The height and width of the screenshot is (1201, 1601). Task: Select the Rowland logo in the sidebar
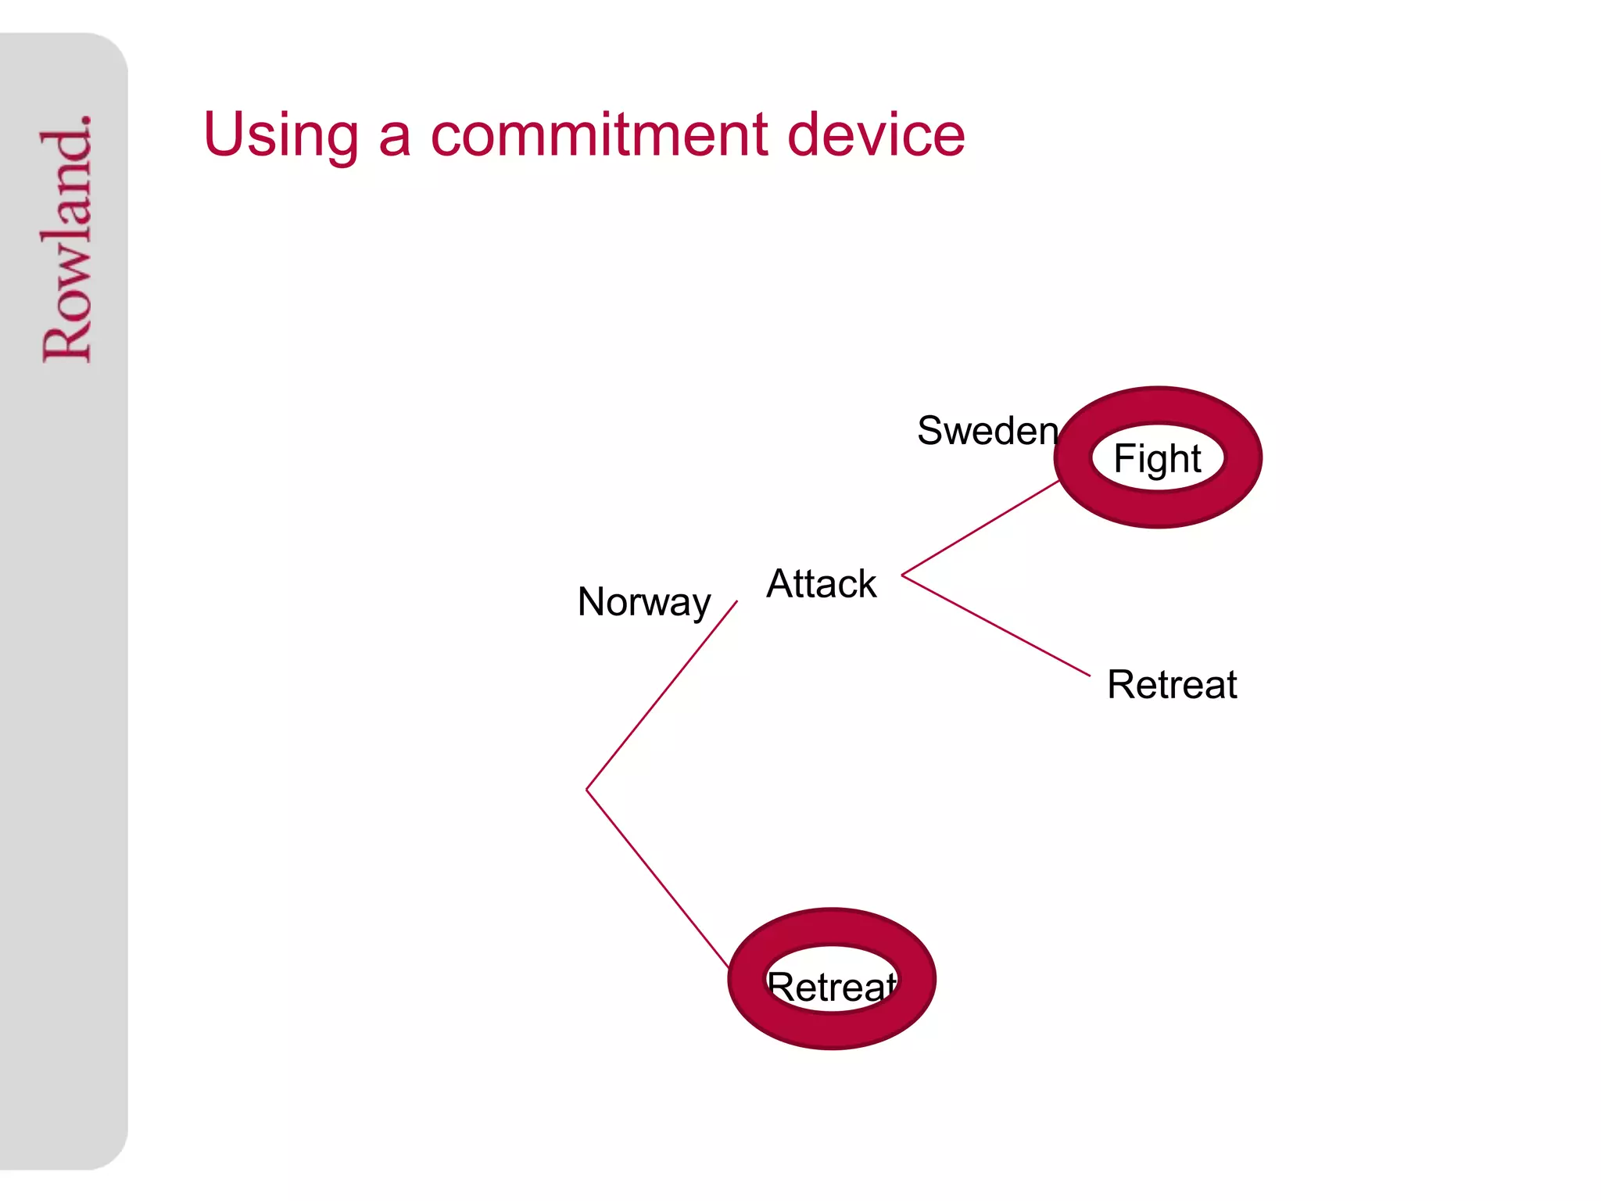[66, 238]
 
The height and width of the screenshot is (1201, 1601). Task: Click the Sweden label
[987, 431]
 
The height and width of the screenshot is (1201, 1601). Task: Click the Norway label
[644, 602]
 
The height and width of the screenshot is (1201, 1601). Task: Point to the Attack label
[822, 584]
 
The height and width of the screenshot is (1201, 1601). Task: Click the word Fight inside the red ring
[1157, 458]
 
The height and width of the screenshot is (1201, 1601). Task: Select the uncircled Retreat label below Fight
[1172, 685]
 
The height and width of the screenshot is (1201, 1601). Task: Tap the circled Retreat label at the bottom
[832, 986]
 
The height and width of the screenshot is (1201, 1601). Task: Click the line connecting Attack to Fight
[980, 528]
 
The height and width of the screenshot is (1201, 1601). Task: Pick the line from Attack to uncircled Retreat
[996, 626]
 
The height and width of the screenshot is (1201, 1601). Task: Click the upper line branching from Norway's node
[662, 695]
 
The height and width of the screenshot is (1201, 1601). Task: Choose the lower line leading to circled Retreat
[657, 878]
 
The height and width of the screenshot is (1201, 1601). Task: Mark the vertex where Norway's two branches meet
[587, 790]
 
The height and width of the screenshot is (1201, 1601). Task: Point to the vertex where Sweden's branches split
[902, 575]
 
